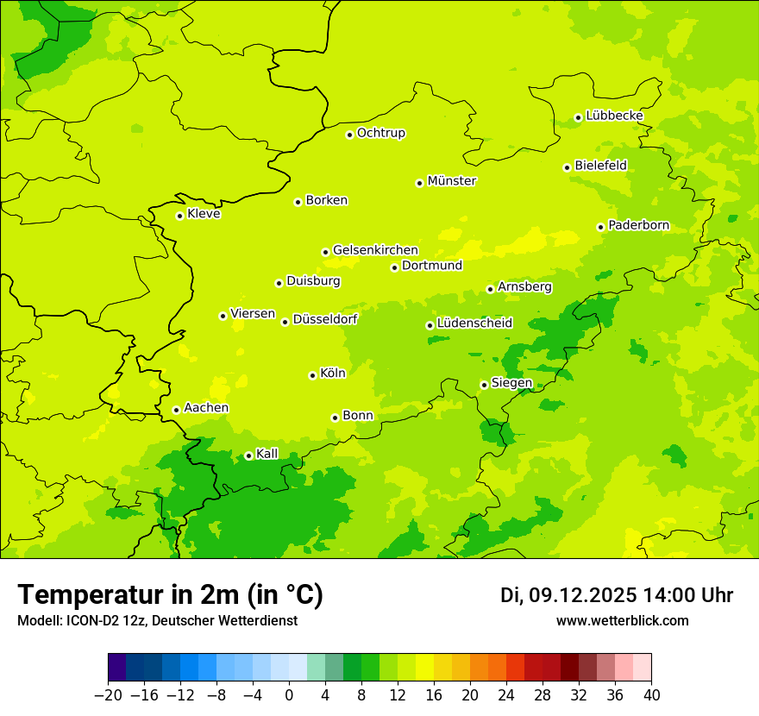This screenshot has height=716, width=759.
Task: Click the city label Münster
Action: coord(452,181)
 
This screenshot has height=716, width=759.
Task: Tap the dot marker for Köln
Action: coord(312,375)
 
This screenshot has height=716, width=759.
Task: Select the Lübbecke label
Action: coord(614,116)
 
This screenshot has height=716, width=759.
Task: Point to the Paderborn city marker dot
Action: coord(601,227)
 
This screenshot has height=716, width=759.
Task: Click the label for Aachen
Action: coord(206,408)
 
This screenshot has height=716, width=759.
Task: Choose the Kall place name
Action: coord(267,454)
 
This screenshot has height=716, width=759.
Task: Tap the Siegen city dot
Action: coord(485,385)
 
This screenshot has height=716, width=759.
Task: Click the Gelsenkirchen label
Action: coord(375,250)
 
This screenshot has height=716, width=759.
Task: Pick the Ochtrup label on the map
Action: coord(381,133)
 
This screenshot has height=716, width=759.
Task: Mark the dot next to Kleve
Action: coord(179,216)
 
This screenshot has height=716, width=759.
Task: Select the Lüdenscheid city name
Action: coord(474,323)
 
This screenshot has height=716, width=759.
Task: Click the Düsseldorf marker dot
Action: coord(285,322)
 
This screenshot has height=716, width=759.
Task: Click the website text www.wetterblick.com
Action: coord(623,621)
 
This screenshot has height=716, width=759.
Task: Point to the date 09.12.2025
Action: coord(583,595)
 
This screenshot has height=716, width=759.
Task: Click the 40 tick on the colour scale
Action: coord(651,695)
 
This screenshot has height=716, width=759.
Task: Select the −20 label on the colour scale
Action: coord(108,695)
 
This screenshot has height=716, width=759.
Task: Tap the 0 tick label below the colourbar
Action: coord(289,695)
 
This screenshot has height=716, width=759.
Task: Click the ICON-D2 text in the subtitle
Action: coord(83,621)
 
